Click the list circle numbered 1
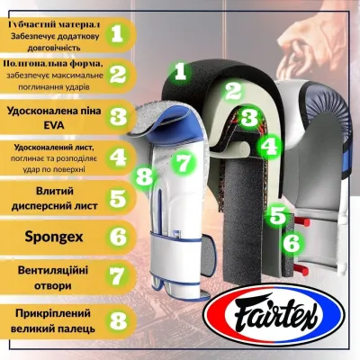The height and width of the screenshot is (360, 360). point(116,33)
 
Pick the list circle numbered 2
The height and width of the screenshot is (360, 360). point(116,73)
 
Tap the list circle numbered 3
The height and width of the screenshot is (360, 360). point(116,115)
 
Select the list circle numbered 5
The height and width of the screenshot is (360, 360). point(116,197)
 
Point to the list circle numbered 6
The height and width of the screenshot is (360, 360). point(116,238)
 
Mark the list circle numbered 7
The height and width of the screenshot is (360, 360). point(116,275)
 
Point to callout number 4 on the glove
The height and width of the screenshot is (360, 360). point(266,144)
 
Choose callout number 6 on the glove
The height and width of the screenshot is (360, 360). point(290,241)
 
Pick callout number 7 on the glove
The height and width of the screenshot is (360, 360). point(183,162)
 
